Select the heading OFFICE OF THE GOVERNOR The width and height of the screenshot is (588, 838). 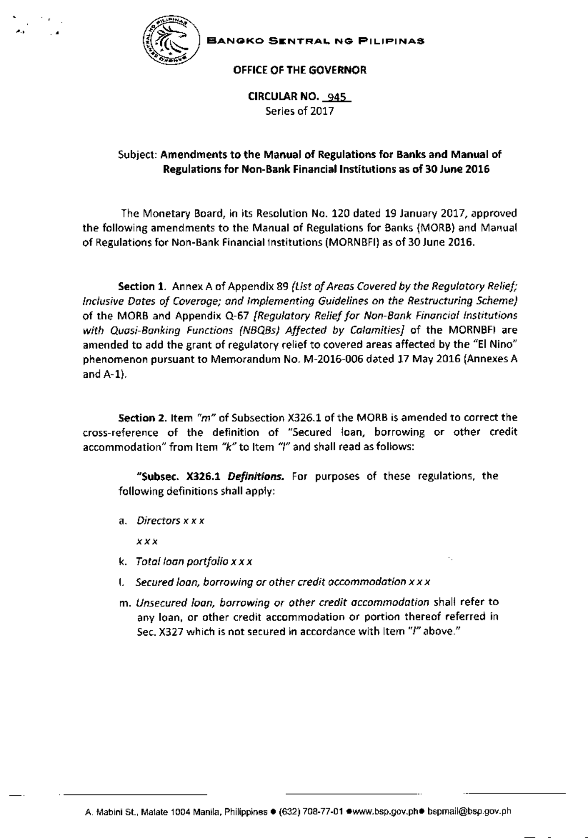[300, 70]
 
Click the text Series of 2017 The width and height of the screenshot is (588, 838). [299, 111]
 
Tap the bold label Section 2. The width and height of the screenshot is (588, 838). [143, 418]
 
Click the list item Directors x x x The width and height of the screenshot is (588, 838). [170, 520]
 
